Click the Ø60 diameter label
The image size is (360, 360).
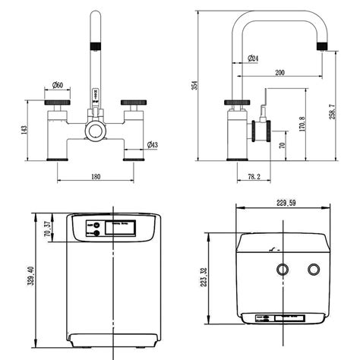pos(58,85)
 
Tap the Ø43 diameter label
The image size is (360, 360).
pos(152,145)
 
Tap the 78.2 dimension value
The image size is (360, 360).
pos(254,177)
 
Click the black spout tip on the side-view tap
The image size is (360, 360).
pos(323,48)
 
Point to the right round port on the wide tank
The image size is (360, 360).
pos(313,269)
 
